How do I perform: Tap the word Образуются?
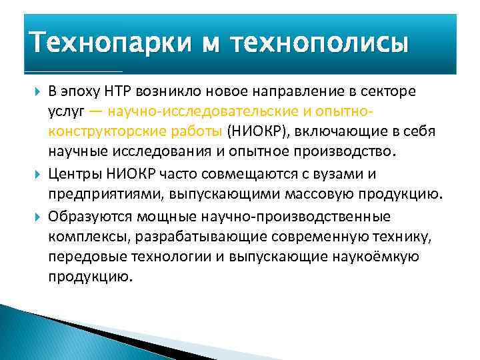click(x=91, y=217)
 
